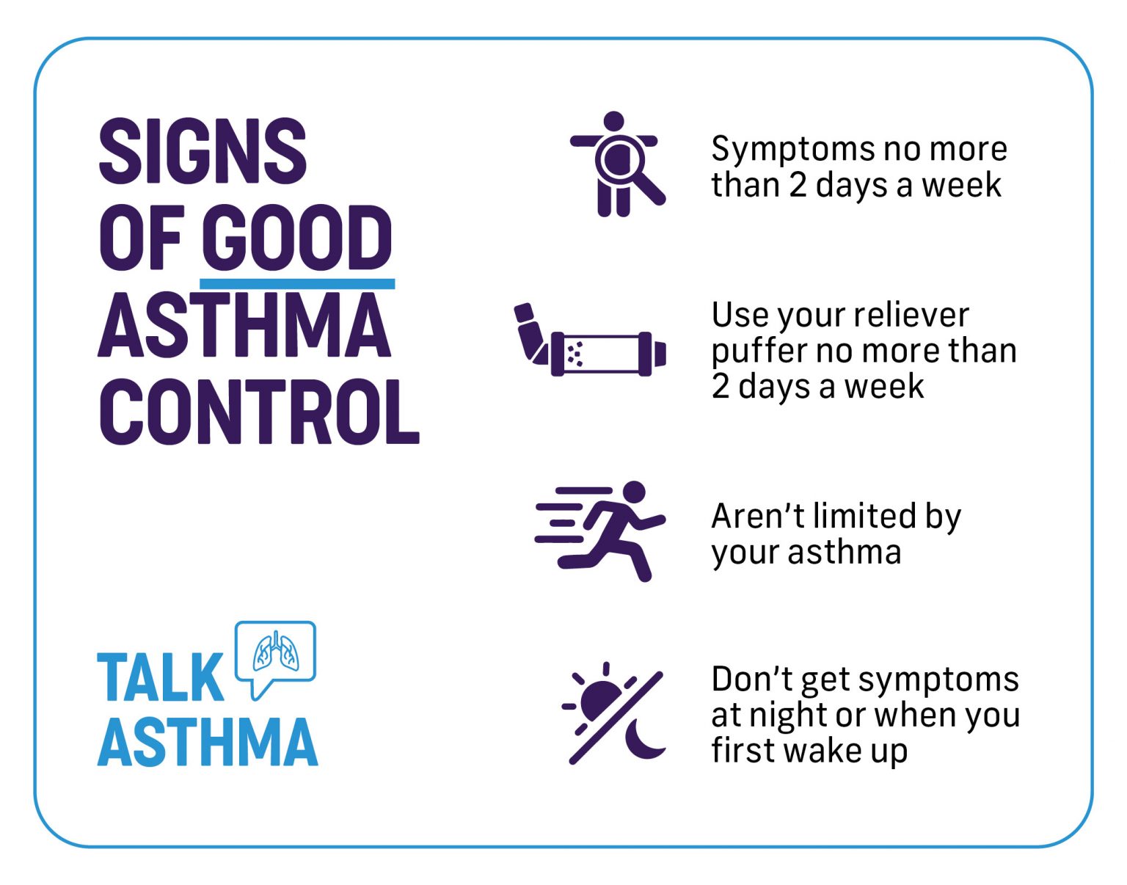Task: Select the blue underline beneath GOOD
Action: [296, 283]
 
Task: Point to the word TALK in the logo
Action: [160, 677]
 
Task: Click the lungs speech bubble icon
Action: [275, 653]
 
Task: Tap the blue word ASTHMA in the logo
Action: [208, 742]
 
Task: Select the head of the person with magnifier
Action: [613, 121]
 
